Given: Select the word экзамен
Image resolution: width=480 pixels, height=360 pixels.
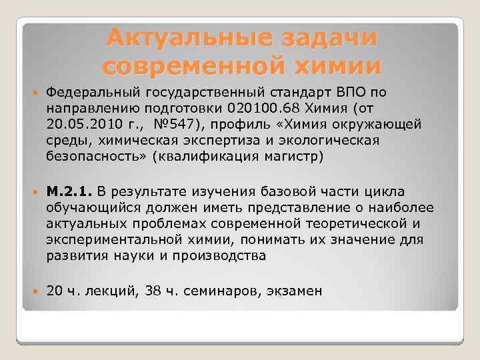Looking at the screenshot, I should coord(294,291).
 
